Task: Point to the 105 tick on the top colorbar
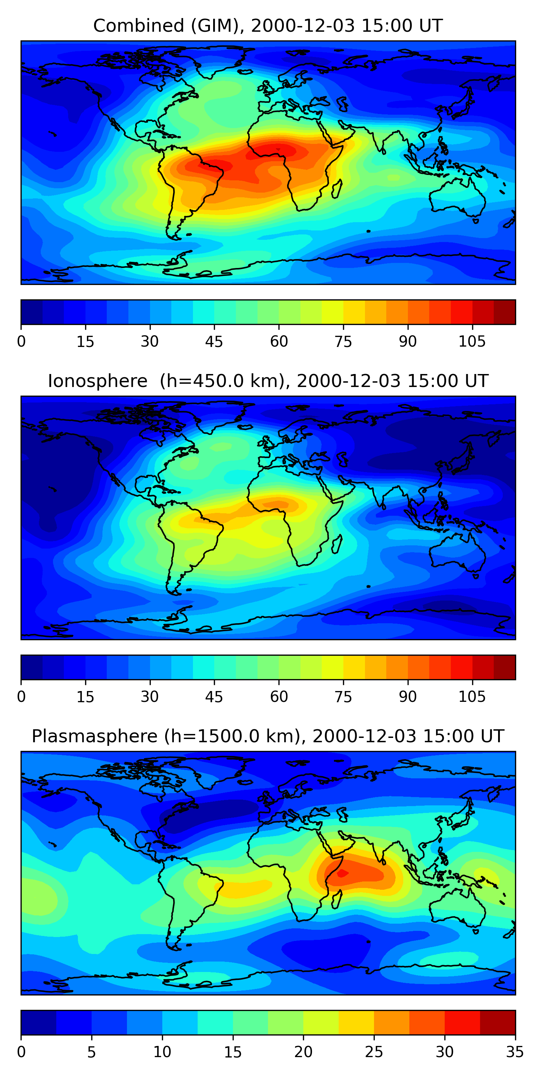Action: coord(472,342)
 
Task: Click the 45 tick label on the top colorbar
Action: coord(214,342)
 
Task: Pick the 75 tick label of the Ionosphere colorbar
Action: coord(343,697)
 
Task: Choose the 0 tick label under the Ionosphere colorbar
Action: coord(21,697)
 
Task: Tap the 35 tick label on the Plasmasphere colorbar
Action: coord(515,1052)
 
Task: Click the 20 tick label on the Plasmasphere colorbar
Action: coord(303,1052)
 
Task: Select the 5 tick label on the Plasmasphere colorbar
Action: coord(92,1052)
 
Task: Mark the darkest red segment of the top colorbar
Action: coord(505,312)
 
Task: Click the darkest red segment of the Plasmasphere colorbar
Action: coord(497,1023)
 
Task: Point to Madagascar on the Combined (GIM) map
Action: coord(337,189)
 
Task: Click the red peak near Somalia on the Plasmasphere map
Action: coord(342,873)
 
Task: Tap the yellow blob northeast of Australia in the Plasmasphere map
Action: coord(485,876)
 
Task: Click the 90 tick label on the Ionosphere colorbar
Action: coord(408,697)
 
